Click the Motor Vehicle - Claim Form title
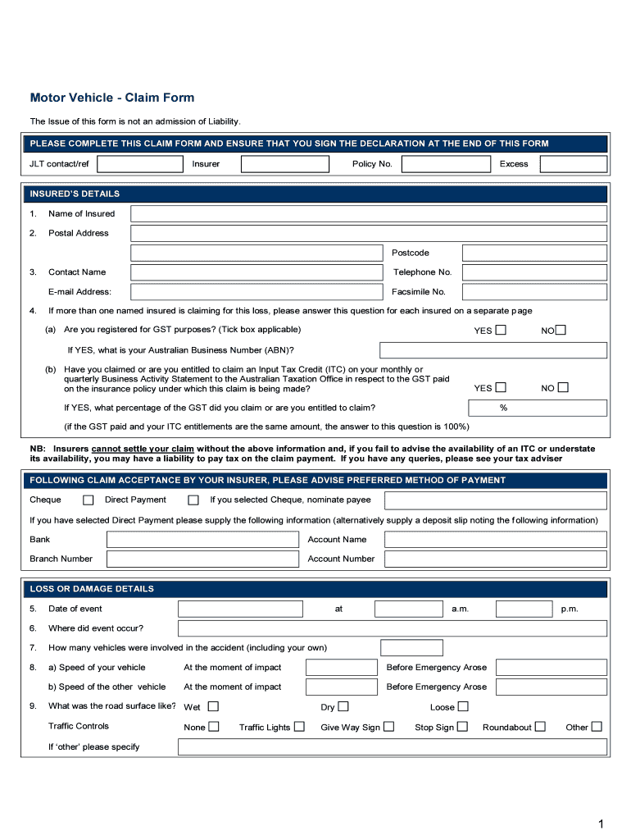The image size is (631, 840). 112,98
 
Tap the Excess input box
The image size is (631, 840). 573,164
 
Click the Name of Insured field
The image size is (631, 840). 369,214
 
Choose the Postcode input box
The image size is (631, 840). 534,253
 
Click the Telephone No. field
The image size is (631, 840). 534,272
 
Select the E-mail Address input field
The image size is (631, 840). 256,292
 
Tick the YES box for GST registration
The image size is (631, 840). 501,331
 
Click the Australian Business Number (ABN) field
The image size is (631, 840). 493,350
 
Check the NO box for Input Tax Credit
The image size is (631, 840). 563,388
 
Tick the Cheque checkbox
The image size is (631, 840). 89,500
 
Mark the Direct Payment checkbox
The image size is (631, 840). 193,500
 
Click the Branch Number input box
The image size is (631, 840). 203,559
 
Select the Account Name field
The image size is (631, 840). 495,540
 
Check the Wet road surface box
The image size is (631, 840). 213,706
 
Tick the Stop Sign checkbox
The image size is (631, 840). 462,727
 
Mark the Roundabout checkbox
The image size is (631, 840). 540,727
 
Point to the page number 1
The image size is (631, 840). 601,824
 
